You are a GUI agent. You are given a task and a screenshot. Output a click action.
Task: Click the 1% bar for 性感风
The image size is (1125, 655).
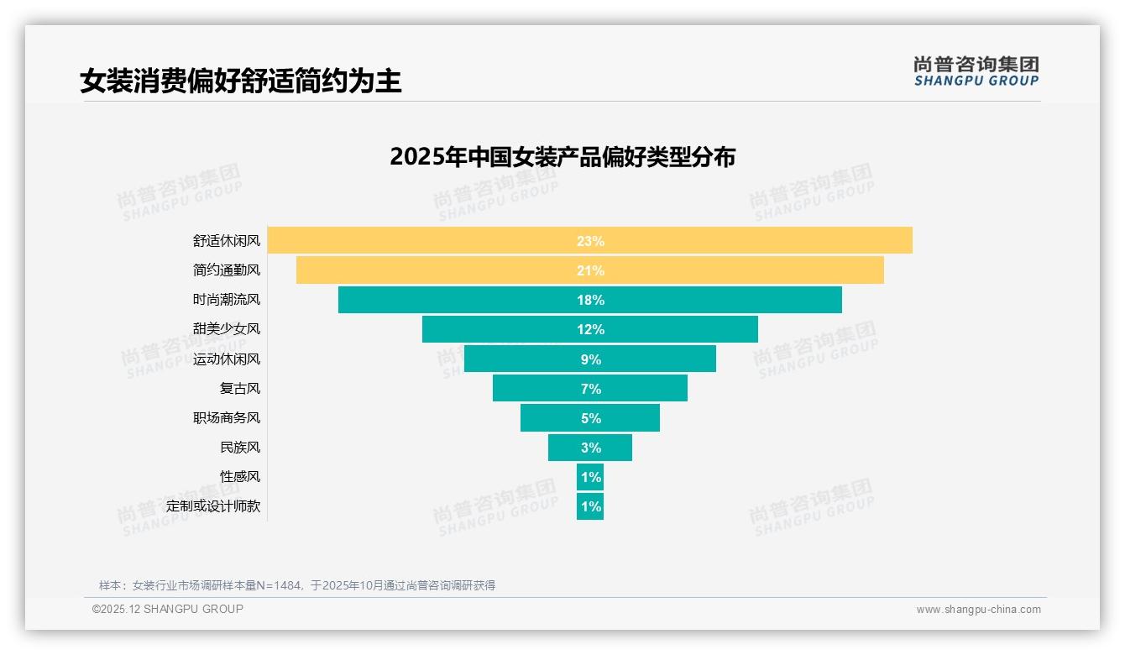(x=590, y=477)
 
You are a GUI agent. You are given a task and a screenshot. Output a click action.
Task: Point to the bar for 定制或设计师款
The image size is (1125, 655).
(x=590, y=506)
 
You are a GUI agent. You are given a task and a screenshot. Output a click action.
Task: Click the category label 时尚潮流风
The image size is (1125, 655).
(x=227, y=300)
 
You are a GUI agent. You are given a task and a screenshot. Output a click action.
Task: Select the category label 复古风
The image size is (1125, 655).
(x=240, y=388)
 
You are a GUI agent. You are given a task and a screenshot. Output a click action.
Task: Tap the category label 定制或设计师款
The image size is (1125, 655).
(x=213, y=506)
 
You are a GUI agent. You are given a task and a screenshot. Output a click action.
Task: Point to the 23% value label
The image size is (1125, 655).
(x=590, y=241)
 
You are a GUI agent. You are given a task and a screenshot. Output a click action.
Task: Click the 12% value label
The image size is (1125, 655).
(x=590, y=329)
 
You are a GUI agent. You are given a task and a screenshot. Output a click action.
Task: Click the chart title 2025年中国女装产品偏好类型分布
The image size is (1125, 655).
(x=562, y=157)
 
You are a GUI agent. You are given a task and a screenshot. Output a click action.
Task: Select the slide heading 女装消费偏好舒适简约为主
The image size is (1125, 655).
(x=241, y=81)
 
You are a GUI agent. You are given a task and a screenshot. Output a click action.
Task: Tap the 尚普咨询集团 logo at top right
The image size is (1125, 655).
(x=976, y=71)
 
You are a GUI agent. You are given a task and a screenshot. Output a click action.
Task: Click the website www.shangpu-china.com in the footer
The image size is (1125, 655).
(x=978, y=610)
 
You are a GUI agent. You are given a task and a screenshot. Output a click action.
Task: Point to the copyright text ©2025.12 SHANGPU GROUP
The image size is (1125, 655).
(x=168, y=609)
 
